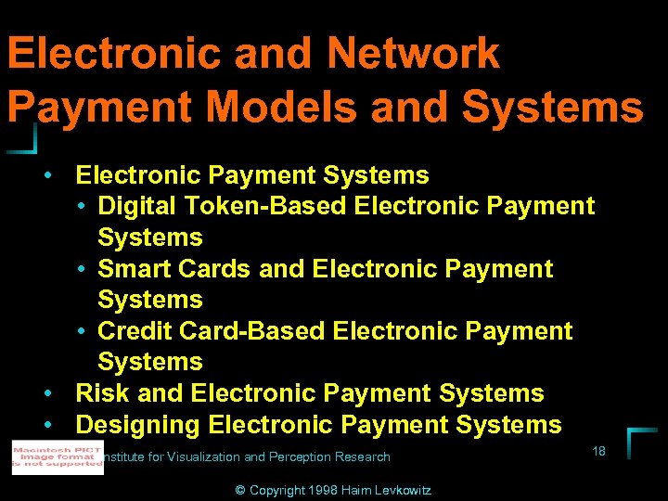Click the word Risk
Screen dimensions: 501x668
[x=103, y=393]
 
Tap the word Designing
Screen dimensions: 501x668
[x=138, y=425]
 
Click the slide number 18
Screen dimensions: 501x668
[x=598, y=451]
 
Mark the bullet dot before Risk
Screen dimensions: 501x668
[x=45, y=393]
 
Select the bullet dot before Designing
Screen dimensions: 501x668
[x=45, y=425]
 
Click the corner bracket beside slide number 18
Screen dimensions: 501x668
[x=640, y=442]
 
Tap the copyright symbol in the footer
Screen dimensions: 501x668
[x=242, y=490]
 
